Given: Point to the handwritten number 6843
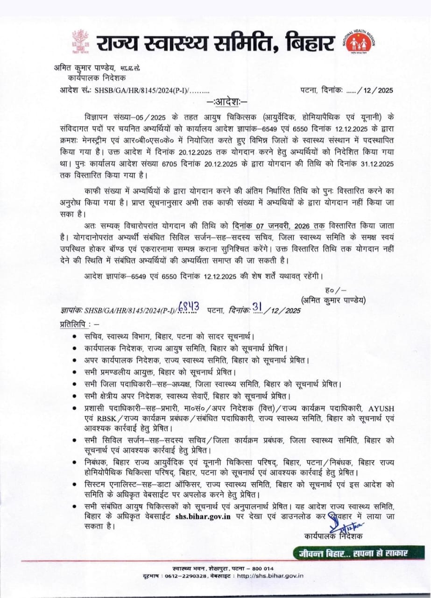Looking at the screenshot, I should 191,307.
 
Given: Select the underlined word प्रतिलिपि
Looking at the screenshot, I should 75,323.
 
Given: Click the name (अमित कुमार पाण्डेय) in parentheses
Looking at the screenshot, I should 333,299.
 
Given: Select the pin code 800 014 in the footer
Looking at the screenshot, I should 263,568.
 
